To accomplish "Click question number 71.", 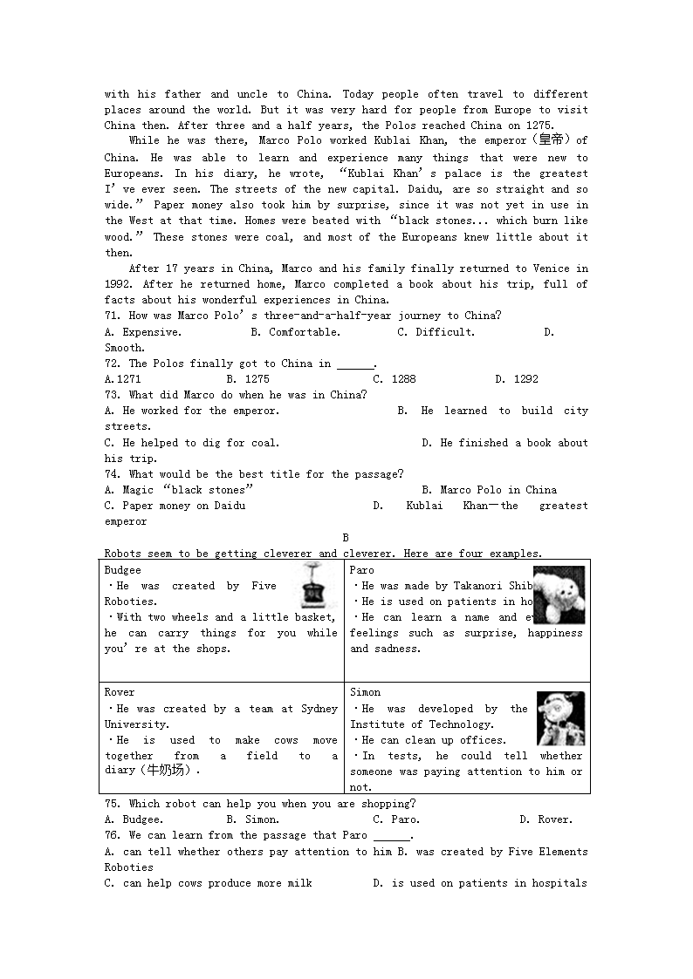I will (113, 316).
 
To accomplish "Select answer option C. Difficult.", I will (436, 331).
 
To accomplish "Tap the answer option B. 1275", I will (248, 379).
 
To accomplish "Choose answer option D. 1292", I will (517, 379).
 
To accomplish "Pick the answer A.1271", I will (122, 379).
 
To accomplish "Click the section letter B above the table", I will (346, 538).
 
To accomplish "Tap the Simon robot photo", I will (560, 718).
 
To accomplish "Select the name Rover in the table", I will (120, 692).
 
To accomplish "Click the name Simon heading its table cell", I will (365, 692).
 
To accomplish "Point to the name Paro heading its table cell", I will (362, 570).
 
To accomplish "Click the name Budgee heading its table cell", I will (122, 570).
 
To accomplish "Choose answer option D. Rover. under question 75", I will (545, 819).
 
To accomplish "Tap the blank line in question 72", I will (355, 364).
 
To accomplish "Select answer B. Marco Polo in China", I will (489, 490).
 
